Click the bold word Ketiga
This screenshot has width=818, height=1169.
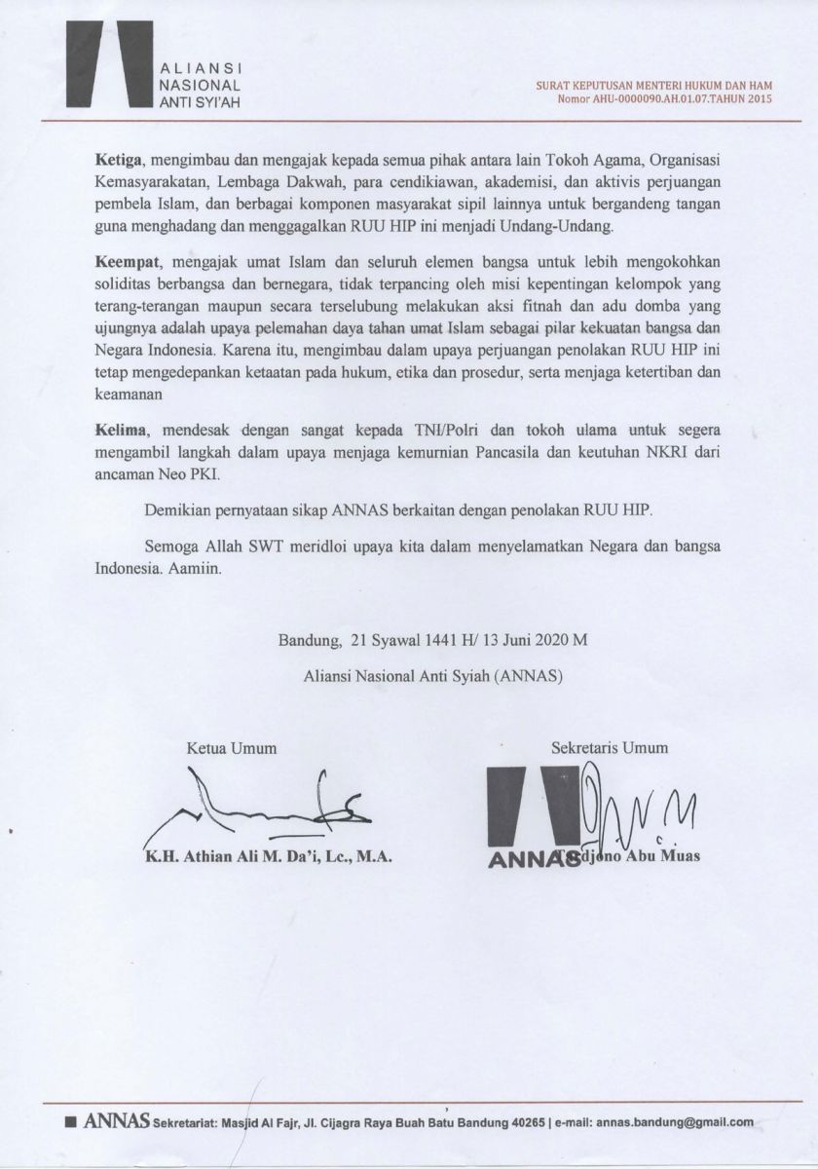click(116, 157)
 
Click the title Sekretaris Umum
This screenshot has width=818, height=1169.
click(610, 749)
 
